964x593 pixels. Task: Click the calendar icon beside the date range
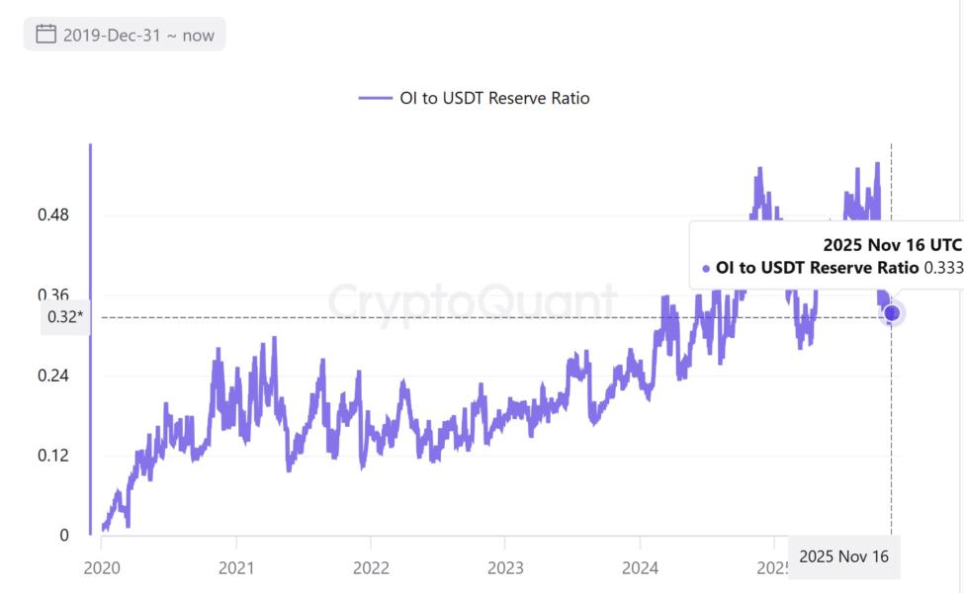45,35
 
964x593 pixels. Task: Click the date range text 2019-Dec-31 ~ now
138,35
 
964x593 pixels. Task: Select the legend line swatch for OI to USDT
375,98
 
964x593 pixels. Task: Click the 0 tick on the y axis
64,536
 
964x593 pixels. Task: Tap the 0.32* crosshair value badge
64,317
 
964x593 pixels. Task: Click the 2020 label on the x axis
102,567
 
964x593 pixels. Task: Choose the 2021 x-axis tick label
236,567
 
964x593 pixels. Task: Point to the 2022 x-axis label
370,567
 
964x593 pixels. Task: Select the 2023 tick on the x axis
504,567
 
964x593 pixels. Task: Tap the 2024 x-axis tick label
639,567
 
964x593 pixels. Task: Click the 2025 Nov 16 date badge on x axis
843,556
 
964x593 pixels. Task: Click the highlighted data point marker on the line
892,313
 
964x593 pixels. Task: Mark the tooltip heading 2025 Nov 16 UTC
892,244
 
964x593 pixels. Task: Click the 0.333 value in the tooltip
942,268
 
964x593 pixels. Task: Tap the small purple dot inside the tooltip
706,269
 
